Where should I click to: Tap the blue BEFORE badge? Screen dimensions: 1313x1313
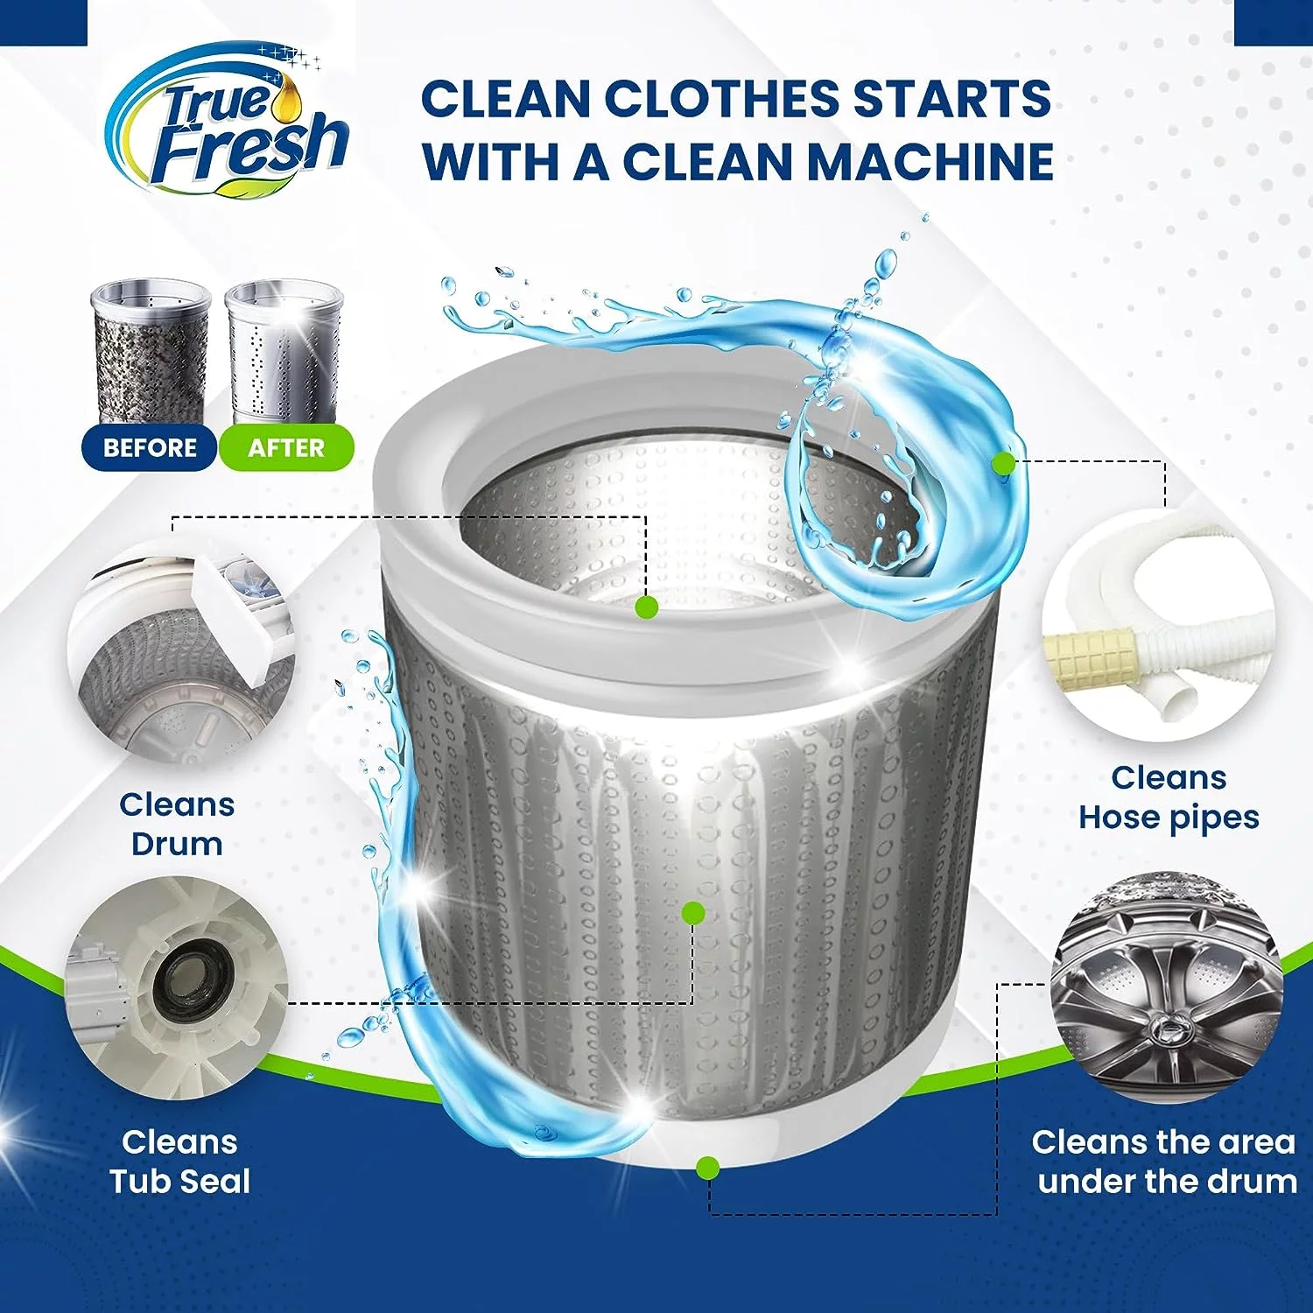click(150, 448)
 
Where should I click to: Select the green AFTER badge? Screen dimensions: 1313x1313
click(286, 448)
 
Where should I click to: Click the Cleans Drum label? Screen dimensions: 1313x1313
click(177, 824)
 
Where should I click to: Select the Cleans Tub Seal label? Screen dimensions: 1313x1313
click(179, 1162)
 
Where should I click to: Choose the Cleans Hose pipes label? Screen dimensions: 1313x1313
click(1169, 797)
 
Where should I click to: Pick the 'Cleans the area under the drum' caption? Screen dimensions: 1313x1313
click(1164, 1162)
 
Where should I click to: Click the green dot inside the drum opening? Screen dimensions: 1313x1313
click(647, 607)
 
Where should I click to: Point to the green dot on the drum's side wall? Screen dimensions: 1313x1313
click(693, 913)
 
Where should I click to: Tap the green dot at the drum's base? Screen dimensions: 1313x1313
click(708, 1167)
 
